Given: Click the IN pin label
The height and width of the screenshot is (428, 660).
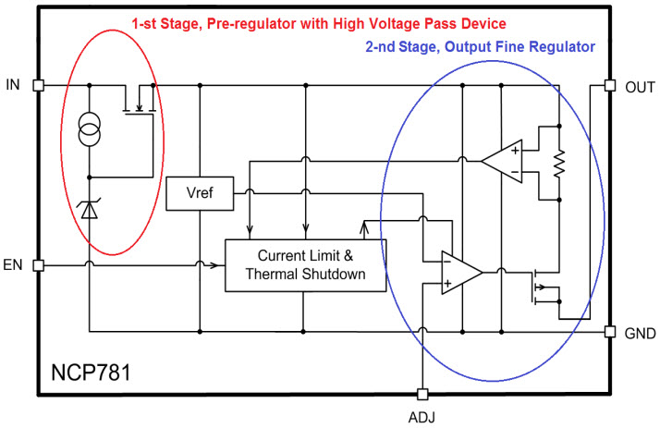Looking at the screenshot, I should [x=13, y=85].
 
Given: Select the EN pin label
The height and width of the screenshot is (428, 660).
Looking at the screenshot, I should [x=13, y=266].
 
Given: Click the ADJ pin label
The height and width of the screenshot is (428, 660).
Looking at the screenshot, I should [x=422, y=416].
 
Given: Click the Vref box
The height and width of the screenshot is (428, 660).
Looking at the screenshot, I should [x=200, y=194].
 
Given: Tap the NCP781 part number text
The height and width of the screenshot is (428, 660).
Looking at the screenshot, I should [x=92, y=374].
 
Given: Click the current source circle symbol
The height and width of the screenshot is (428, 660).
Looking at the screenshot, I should [x=90, y=131].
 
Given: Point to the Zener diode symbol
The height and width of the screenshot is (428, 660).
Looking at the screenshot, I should [x=90, y=210].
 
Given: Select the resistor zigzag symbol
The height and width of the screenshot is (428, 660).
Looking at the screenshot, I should [x=558, y=164].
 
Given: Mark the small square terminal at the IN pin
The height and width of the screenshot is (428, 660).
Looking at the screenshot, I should [x=38, y=85].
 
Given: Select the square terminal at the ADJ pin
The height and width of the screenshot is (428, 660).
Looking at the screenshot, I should [x=422, y=393].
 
